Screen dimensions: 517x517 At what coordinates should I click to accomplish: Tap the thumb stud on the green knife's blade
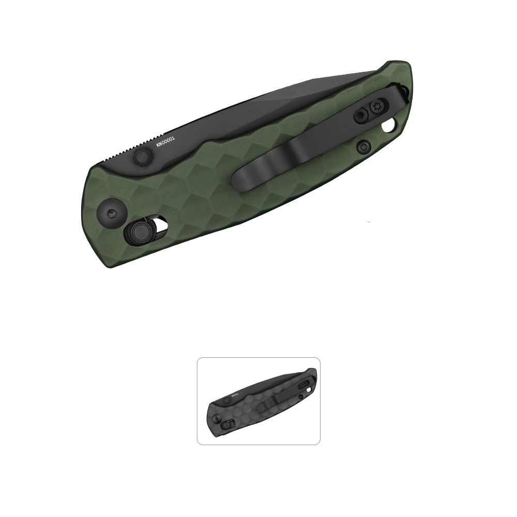tap(141, 156)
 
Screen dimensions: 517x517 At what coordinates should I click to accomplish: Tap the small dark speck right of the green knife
tap(368, 222)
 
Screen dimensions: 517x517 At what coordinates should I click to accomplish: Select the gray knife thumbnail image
tap(258, 401)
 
